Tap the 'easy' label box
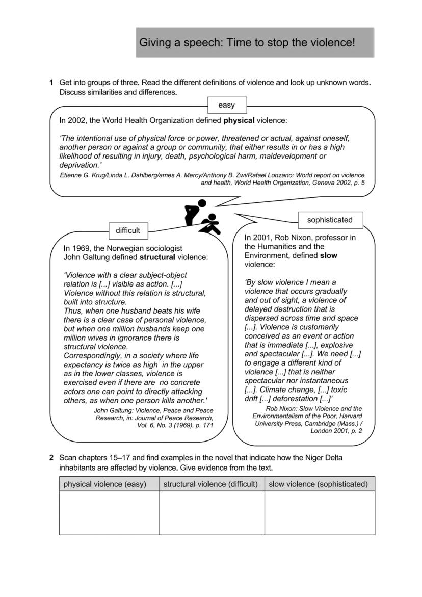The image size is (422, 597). (x=226, y=105)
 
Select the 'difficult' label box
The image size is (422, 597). (x=127, y=230)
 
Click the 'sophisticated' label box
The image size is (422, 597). (x=330, y=220)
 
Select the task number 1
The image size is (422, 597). (x=51, y=82)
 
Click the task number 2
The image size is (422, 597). (x=51, y=458)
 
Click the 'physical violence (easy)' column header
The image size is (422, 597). (x=105, y=484)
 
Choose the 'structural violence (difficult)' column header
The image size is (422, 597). (x=210, y=484)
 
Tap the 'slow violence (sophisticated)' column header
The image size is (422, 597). (x=318, y=484)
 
